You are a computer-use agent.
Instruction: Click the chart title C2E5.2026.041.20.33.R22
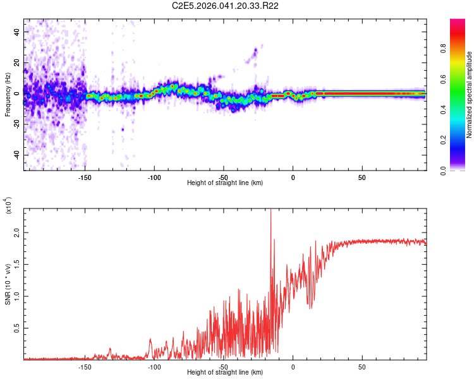226,6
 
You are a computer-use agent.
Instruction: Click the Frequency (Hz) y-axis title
8,94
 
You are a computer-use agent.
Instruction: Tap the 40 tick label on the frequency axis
17,32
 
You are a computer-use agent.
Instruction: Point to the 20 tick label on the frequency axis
17,63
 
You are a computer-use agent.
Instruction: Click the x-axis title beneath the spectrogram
225,183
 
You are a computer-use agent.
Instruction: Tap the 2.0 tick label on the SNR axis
17,233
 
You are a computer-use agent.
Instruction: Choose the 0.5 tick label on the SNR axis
17,328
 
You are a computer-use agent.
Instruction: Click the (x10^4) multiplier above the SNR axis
8,205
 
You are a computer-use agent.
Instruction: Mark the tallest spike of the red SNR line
270,211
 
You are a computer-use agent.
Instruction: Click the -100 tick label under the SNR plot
154,366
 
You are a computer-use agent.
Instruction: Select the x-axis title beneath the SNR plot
225,372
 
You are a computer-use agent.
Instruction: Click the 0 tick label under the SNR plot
293,366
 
